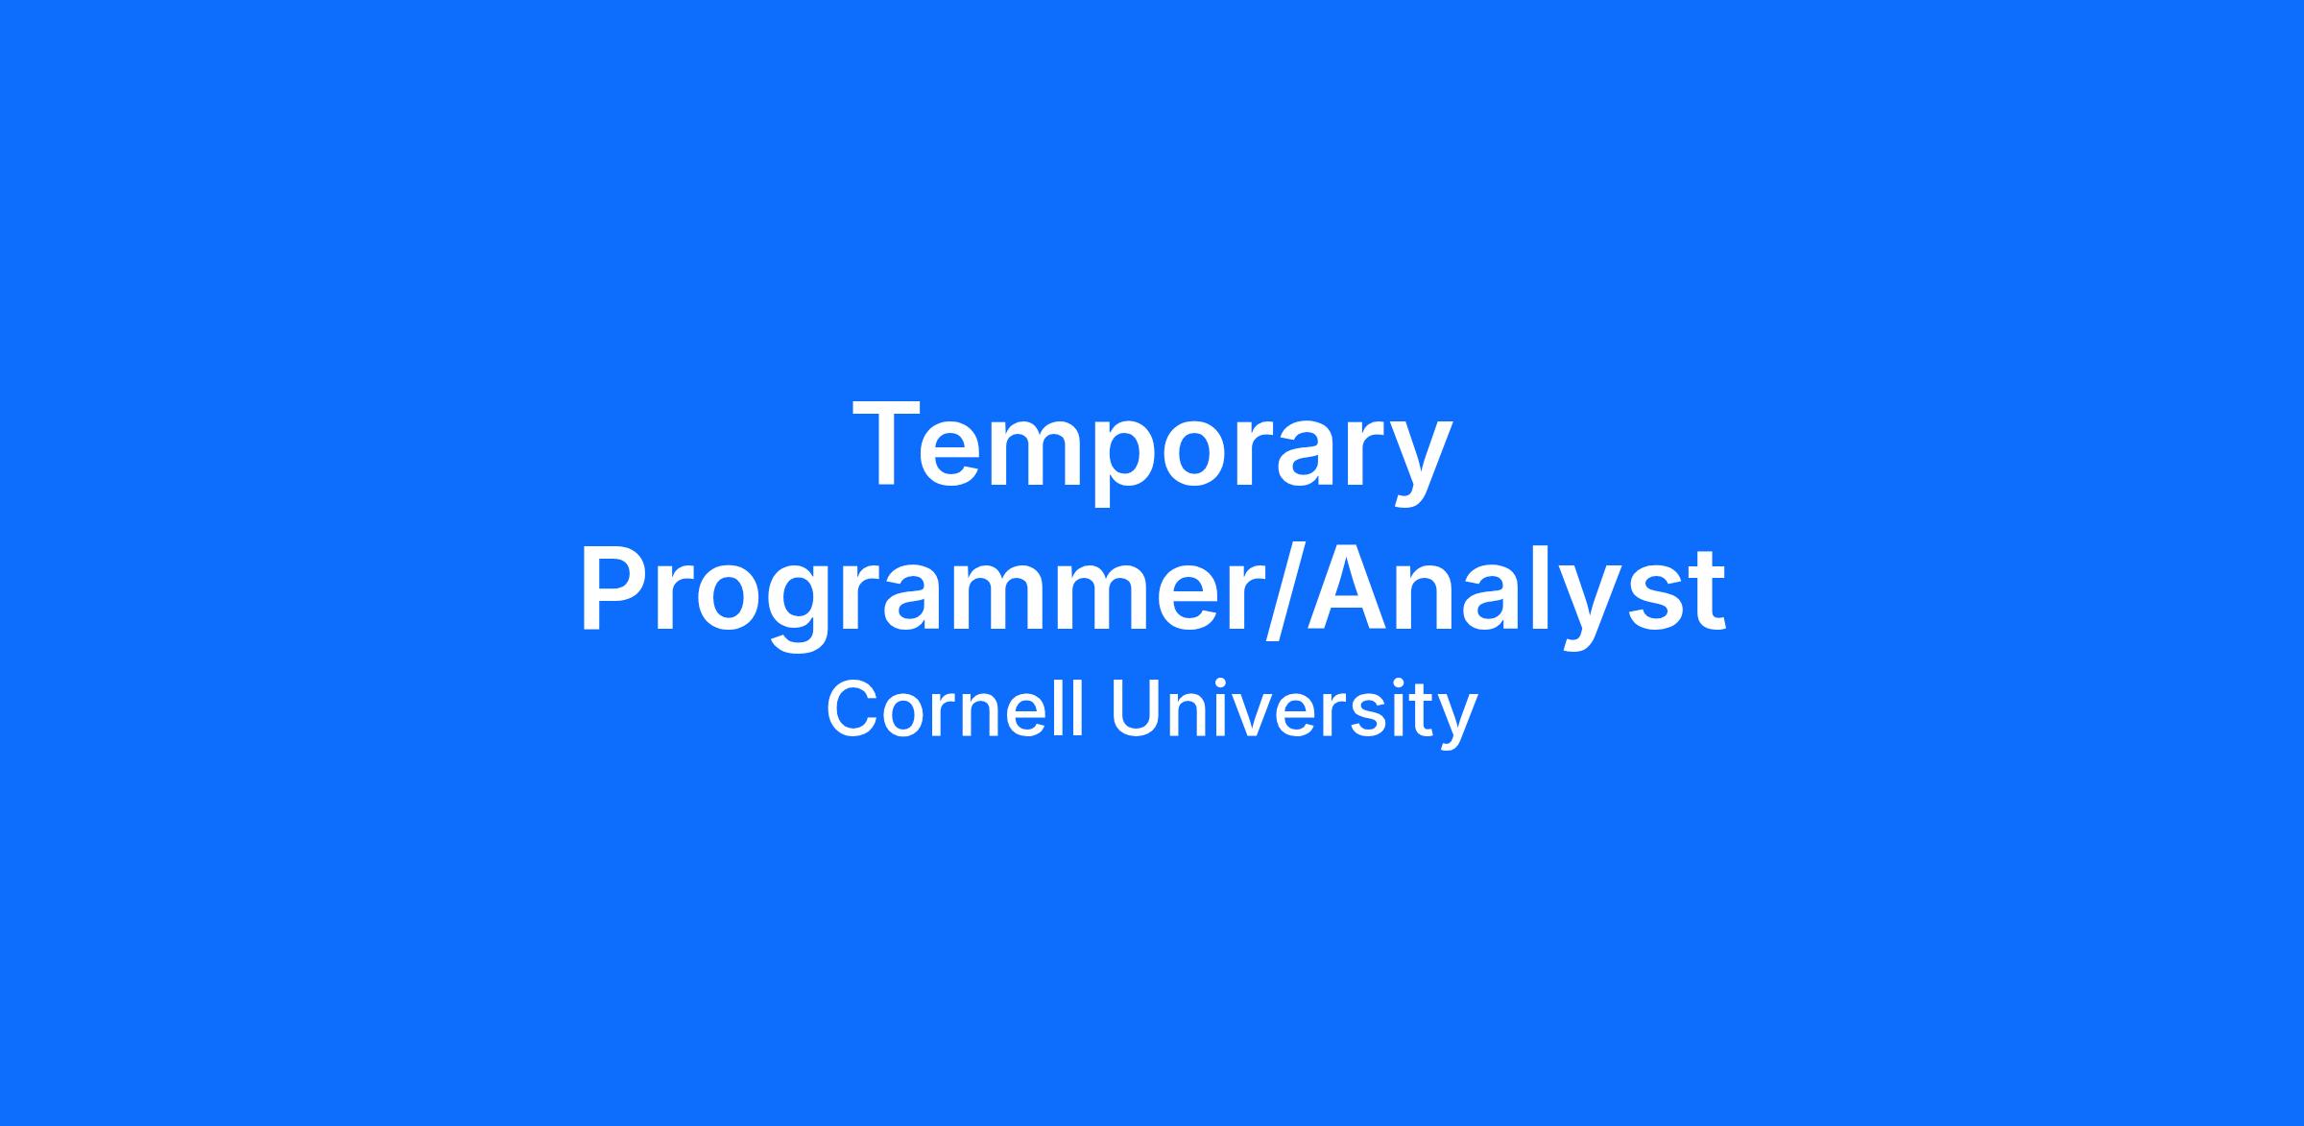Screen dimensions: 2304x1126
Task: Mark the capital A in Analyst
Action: (x=1352, y=587)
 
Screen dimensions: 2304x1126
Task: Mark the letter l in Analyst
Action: (x=1554, y=587)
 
